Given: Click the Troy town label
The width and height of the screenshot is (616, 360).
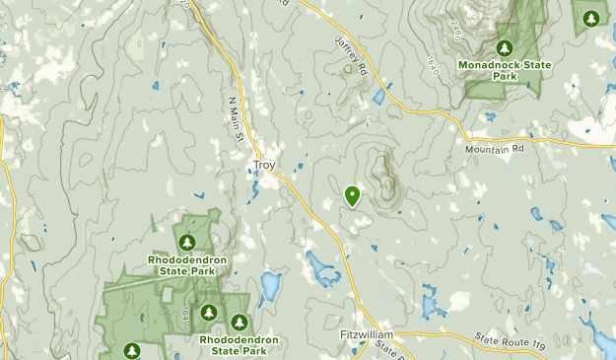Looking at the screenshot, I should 265,166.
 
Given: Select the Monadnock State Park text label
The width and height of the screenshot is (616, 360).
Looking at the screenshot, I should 505,71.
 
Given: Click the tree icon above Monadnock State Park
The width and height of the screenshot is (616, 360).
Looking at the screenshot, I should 505,47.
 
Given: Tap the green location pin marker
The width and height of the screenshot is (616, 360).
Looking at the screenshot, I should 352,196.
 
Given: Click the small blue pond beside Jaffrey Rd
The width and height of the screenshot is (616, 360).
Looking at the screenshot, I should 379,97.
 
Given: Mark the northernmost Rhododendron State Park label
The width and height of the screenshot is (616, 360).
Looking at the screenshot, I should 188,265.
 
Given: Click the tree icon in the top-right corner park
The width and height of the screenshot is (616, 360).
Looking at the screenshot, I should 590,18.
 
